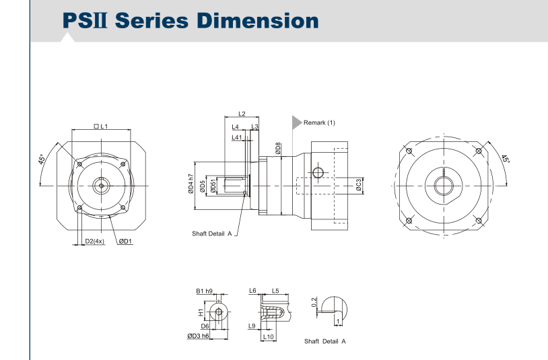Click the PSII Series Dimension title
pyautogui.click(x=190, y=20)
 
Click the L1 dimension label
pyautogui.click(x=105, y=127)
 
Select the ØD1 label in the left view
pyautogui.click(x=126, y=242)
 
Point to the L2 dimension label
pyautogui.click(x=242, y=114)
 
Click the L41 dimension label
pyautogui.click(x=236, y=137)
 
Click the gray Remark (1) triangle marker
pyautogui.click(x=296, y=122)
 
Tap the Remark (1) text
pyautogui.click(x=319, y=122)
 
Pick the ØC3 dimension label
pyautogui.click(x=359, y=184)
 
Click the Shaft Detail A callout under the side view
pyautogui.click(x=211, y=233)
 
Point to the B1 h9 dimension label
pyautogui.click(x=205, y=291)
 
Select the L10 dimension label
pyautogui.click(x=267, y=336)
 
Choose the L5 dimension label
pyautogui.click(x=275, y=291)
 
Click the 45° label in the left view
pyautogui.click(x=42, y=159)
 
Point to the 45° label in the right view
pyautogui.click(x=506, y=159)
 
